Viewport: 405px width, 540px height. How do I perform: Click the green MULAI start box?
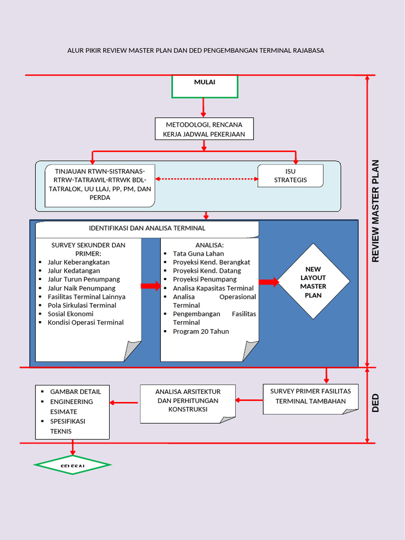(205, 86)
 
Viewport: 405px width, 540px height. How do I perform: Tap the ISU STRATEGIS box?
(290, 176)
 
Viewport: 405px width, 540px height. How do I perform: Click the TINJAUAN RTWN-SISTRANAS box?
(100, 185)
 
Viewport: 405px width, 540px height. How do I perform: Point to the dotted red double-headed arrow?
(206, 179)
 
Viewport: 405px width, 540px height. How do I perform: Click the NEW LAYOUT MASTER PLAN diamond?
(313, 282)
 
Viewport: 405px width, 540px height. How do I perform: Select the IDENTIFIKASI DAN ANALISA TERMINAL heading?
(147, 228)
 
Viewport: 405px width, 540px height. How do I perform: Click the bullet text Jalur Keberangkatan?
(79, 262)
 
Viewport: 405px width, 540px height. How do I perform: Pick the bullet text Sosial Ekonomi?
(70, 314)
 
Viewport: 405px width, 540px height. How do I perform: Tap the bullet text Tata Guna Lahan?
(198, 254)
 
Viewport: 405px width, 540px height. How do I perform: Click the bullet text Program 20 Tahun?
(201, 332)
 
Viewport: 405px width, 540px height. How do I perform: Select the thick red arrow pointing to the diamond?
(268, 282)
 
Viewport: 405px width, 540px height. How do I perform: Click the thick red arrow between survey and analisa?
(150, 286)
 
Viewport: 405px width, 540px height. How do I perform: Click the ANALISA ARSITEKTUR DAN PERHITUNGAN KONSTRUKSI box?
(188, 401)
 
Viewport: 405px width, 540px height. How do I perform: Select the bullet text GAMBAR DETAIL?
(75, 391)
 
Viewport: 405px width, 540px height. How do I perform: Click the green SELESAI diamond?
(72, 465)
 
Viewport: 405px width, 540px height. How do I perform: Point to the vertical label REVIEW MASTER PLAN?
(375, 211)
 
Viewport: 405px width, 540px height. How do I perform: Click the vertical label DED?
(375, 403)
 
